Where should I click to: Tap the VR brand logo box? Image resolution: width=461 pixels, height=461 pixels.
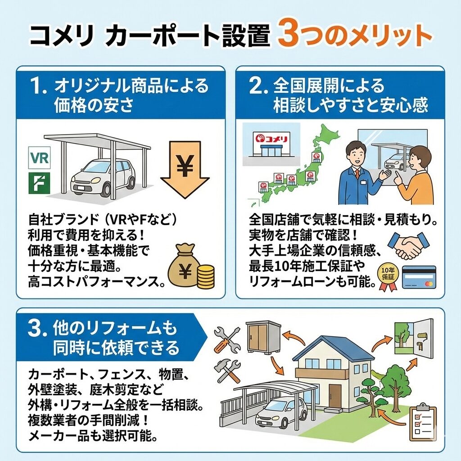pos(40,158)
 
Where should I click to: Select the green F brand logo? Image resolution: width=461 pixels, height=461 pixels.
pos(40,183)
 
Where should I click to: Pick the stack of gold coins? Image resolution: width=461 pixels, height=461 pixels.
pos(205,276)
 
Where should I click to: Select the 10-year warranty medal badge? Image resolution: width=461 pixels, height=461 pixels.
pos(388,277)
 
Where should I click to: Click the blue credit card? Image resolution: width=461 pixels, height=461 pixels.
pos(419,277)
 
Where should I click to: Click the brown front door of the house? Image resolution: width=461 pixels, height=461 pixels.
pos(335,398)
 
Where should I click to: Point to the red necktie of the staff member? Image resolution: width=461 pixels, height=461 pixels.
pos(357,174)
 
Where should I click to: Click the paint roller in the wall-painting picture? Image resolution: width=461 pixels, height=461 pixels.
pos(420,340)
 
